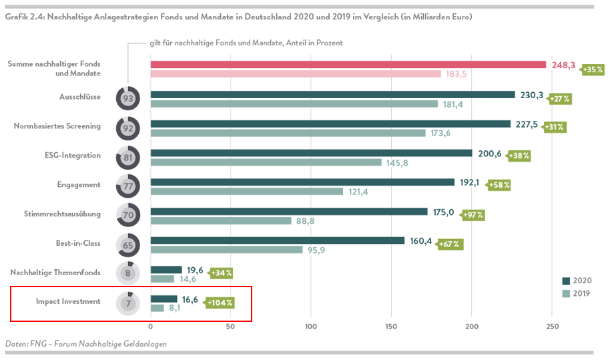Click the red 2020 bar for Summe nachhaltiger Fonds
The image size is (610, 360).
pyautogui.click(x=348, y=65)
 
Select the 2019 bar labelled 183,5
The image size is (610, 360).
pyautogui.click(x=296, y=74)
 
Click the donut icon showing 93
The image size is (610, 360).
pyautogui.click(x=127, y=98)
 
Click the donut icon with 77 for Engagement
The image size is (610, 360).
pyautogui.click(x=127, y=186)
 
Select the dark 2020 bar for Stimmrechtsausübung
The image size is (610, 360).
pyautogui.click(x=289, y=212)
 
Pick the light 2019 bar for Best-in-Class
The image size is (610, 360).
pyautogui.click(x=227, y=250)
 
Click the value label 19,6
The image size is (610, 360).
pyautogui.click(x=195, y=270)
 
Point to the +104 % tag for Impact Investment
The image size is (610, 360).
pyautogui.click(x=220, y=303)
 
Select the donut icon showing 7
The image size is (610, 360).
pyautogui.click(x=127, y=303)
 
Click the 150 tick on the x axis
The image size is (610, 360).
pyautogui.click(x=391, y=327)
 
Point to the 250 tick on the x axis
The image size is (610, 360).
pyautogui.click(x=552, y=327)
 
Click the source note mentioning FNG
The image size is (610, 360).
pyautogui.click(x=85, y=343)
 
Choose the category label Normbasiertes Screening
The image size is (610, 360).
pyautogui.click(x=57, y=126)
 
